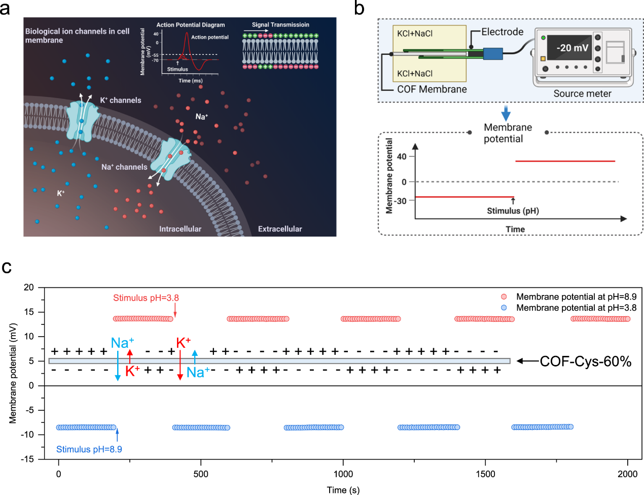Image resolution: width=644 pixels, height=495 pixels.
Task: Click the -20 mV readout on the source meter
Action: point(572,48)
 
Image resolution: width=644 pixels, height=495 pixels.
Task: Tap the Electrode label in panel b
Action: point(502,32)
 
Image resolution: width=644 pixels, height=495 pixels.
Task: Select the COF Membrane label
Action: point(432,89)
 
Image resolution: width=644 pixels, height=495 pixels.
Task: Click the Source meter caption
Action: point(582,93)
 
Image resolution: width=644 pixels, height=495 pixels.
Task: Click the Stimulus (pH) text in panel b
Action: point(513,211)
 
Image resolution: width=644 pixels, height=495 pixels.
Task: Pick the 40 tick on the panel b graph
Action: point(402,156)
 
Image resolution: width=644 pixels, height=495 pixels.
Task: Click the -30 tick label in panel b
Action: point(401,201)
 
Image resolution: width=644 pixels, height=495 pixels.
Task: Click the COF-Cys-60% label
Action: point(585,361)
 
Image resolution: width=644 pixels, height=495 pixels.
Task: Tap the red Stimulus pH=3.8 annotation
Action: point(146,298)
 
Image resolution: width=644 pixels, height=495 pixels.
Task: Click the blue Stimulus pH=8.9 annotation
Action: point(89,449)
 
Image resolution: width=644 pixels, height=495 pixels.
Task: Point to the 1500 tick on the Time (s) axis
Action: point(485,474)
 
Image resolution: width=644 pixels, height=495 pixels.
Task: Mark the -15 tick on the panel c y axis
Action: point(28,459)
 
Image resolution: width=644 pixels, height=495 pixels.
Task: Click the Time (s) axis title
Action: point(343,490)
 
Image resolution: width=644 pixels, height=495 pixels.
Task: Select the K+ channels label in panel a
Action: point(121,101)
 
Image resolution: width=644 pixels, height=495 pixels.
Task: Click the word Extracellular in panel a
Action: point(280,229)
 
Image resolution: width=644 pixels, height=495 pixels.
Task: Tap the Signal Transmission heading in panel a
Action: point(280,25)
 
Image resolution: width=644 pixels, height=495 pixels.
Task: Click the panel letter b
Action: point(359,9)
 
